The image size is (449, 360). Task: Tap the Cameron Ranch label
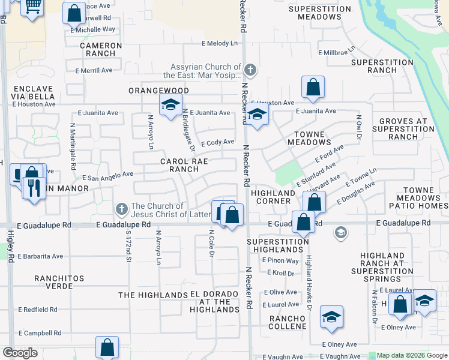[x=101, y=49]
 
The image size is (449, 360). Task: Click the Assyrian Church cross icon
[x=250, y=71]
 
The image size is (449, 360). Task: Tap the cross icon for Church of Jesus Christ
[x=121, y=209]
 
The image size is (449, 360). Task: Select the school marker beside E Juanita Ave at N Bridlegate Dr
[x=170, y=105]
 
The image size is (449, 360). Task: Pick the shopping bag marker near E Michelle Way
[x=74, y=13]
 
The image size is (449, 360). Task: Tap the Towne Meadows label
[x=309, y=138]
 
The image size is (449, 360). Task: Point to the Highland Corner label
[x=273, y=197]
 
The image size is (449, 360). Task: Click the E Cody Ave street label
[x=217, y=143]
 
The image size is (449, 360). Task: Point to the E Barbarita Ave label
[x=40, y=256]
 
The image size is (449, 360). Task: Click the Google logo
[x=20, y=353]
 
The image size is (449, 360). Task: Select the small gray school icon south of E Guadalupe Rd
[x=341, y=233]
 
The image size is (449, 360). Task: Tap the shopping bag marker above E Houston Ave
[x=313, y=87]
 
